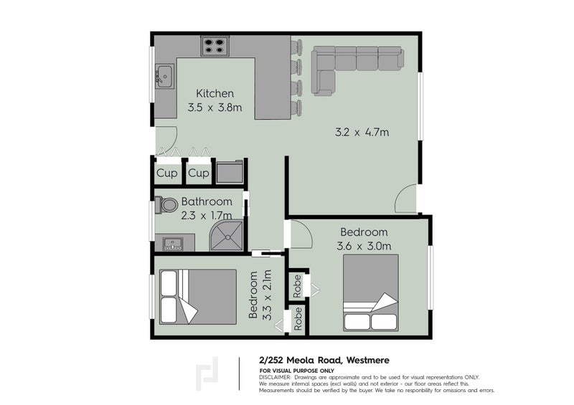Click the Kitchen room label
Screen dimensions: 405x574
pyautogui.click(x=215, y=94)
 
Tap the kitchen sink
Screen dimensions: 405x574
pyautogui.click(x=164, y=74)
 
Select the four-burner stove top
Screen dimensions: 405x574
pyautogui.click(x=213, y=47)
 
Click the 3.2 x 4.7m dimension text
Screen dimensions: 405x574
pyautogui.click(x=362, y=132)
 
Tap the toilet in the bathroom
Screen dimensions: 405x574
pyautogui.click(x=167, y=206)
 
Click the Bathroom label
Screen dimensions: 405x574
pyautogui.click(x=206, y=201)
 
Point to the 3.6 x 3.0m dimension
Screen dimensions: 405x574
pyautogui.click(x=364, y=247)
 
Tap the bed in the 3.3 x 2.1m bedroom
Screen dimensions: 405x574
pyautogui.click(x=197, y=296)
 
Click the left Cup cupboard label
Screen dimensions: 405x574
pyautogui.click(x=166, y=173)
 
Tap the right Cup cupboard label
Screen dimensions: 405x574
pyautogui.click(x=199, y=173)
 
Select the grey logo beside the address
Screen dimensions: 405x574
pyautogui.click(x=208, y=375)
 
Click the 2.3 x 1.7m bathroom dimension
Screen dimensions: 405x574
pyautogui.click(x=206, y=215)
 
